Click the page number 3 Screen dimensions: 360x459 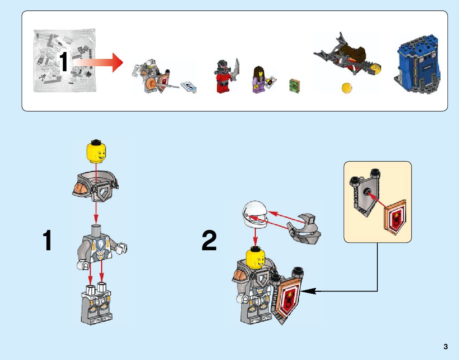(x=446, y=347)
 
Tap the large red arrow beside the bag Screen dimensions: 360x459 (x=98, y=62)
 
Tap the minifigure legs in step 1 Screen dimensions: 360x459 (x=96, y=304)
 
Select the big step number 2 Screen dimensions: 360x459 (x=209, y=241)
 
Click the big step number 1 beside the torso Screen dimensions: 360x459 (x=47, y=241)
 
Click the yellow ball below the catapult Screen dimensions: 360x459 (x=347, y=87)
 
